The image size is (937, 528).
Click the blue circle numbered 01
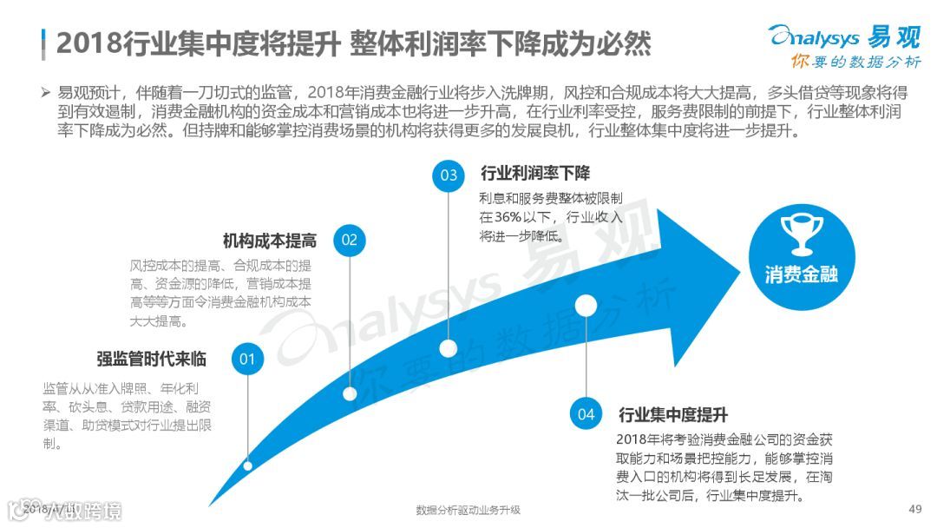tap(247, 359)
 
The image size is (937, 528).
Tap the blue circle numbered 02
tap(349, 241)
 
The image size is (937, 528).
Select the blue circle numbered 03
tap(449, 175)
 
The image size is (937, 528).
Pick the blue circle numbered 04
tap(586, 413)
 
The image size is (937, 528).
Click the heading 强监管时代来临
tap(151, 358)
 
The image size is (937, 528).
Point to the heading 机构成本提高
tap(269, 241)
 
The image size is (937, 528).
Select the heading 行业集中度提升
tap(672, 413)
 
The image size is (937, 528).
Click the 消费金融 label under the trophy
tap(801, 274)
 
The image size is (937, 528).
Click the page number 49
tap(914, 509)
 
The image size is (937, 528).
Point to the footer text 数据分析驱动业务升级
tap(468, 510)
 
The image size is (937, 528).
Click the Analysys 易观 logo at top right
tap(843, 36)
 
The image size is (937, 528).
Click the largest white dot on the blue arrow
tap(586, 305)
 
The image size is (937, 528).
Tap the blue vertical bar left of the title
tap(43, 42)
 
